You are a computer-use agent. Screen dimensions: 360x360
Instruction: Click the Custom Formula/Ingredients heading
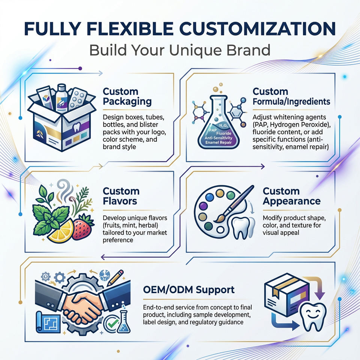tap(291, 96)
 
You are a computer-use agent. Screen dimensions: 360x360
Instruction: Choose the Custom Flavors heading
tap(121, 196)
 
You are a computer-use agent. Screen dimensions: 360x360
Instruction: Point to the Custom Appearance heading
tap(291, 196)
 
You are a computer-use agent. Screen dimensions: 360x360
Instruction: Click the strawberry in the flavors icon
tap(83, 227)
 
